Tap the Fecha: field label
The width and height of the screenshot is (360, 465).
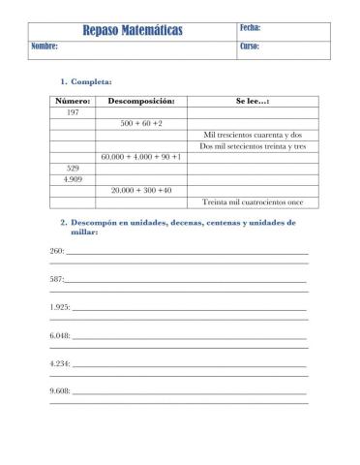coord(251,28)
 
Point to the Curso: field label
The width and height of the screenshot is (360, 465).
coord(250,46)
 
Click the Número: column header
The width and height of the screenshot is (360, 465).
coord(73,101)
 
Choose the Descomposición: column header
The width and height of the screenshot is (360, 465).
coord(141,101)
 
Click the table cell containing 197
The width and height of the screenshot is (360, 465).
coord(73,112)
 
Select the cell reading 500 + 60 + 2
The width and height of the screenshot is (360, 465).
coord(141,124)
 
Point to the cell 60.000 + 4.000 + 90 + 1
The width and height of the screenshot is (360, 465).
coord(141,157)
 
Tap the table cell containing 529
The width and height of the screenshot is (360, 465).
coord(73,168)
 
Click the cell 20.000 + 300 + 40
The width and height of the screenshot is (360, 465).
coord(141,190)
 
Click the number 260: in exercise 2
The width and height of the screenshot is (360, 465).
coord(56,251)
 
